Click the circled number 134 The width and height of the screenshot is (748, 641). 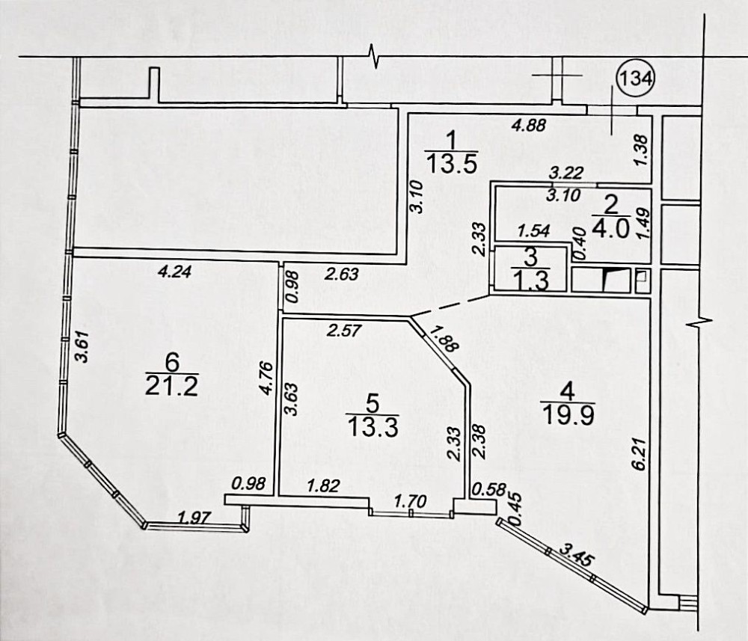point(636,77)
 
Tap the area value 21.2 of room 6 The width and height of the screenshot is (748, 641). point(172,386)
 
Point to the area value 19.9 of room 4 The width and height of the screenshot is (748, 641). point(568,414)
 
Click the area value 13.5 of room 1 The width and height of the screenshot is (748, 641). point(452,164)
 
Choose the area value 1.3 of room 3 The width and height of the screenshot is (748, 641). point(530,280)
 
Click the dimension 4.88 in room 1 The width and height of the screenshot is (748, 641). point(528,126)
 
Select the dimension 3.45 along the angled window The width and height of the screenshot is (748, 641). point(577,555)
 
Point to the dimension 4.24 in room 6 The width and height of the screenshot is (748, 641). point(174,272)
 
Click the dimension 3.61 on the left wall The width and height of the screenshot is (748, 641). point(82,347)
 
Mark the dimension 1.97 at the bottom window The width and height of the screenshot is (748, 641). point(194,517)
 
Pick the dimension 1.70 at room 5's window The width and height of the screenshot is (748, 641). point(410,501)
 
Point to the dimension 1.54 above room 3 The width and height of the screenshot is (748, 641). point(534,231)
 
